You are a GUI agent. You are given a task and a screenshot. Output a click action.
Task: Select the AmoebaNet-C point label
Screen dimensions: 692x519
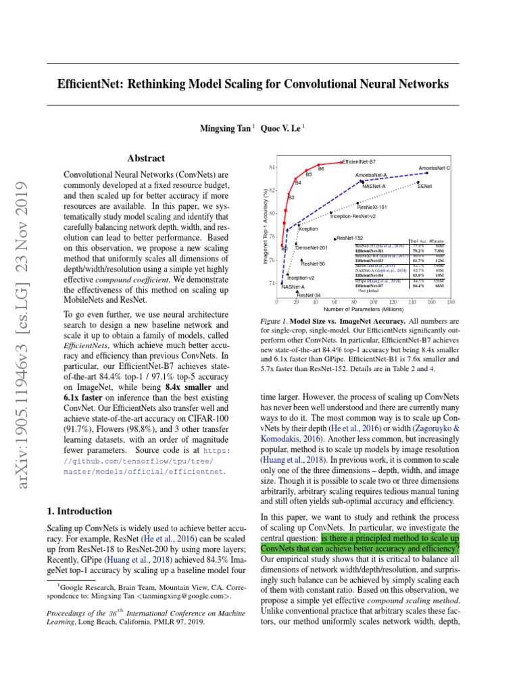coord(434,168)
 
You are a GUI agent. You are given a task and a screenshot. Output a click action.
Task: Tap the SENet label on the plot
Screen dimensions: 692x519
coord(425,185)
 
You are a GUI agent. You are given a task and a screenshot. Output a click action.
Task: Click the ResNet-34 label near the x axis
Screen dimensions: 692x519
coord(308,295)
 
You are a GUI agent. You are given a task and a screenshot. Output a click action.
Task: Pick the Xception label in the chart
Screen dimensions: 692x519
coord(307,229)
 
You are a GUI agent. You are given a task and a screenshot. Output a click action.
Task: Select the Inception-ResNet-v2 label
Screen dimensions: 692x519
coord(353,216)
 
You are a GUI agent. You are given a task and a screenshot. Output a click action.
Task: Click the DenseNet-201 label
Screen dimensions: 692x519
coord(312,248)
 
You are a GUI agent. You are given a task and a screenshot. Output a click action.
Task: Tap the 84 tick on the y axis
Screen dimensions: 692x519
coord(271,167)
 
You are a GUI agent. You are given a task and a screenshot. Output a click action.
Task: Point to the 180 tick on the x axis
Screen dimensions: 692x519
coord(451,302)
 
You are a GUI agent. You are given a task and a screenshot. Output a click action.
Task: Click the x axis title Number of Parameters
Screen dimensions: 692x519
coord(364,310)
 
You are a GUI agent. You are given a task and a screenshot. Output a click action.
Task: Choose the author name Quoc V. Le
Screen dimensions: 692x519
coord(280,128)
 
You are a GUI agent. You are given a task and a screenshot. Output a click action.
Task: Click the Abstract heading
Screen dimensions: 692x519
coord(146,158)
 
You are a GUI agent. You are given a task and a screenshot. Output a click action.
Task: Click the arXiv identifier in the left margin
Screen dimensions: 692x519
coord(25,324)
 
